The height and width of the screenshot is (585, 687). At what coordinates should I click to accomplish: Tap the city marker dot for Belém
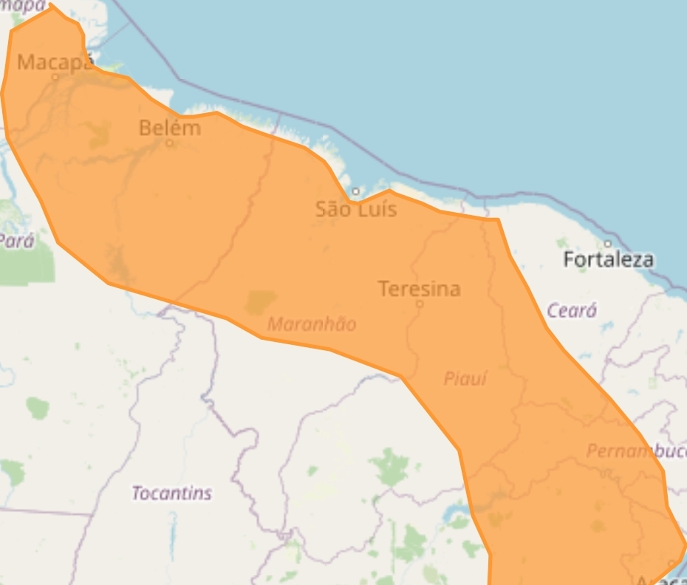coord(169,143)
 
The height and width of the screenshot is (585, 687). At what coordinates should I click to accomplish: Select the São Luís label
coord(356,209)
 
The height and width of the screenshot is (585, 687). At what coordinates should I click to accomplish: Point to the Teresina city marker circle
coord(420,304)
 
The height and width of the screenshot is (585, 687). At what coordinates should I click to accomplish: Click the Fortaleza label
coord(608,259)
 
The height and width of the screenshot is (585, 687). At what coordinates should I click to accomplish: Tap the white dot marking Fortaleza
coord(608,244)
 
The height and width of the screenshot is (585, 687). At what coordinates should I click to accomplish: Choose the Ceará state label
coord(571,311)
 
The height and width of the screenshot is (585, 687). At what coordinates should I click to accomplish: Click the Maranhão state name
coord(312,324)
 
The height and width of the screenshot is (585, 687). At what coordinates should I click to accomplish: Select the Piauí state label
coord(465,379)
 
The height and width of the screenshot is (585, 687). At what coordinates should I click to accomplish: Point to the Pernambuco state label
coord(635,451)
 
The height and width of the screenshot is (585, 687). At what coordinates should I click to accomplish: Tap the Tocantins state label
coord(171,493)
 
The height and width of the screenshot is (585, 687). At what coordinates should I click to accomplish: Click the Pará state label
coord(16,241)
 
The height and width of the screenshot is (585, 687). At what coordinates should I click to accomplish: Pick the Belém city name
coord(170,128)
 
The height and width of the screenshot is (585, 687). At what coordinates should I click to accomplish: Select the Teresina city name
coord(419,289)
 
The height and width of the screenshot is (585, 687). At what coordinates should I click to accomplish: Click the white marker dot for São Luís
coord(355,191)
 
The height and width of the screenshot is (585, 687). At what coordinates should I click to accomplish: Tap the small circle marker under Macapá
coord(55,76)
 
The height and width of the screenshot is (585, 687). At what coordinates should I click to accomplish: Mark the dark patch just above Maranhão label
coord(259,301)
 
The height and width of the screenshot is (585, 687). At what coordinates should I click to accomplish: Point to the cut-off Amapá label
coord(22,6)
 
